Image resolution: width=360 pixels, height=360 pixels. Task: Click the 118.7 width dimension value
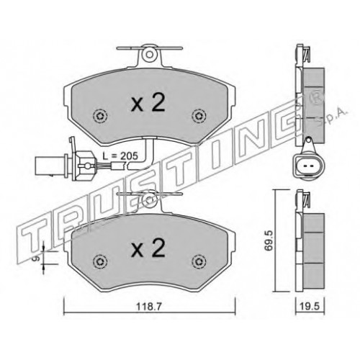point(149,307)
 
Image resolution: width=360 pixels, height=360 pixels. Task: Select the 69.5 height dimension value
point(269,240)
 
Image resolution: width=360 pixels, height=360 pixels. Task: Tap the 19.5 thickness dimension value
point(310,307)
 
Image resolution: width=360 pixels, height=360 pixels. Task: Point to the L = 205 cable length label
point(120,156)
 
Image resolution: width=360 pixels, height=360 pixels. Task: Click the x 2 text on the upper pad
point(148,103)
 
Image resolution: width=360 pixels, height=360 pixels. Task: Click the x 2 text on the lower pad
point(148,248)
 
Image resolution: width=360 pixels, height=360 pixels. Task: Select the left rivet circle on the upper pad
point(100,116)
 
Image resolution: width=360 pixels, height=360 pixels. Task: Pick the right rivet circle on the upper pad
point(199,116)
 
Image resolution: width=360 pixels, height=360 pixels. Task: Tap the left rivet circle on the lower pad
point(100,261)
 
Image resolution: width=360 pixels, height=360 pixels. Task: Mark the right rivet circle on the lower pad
point(199,261)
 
